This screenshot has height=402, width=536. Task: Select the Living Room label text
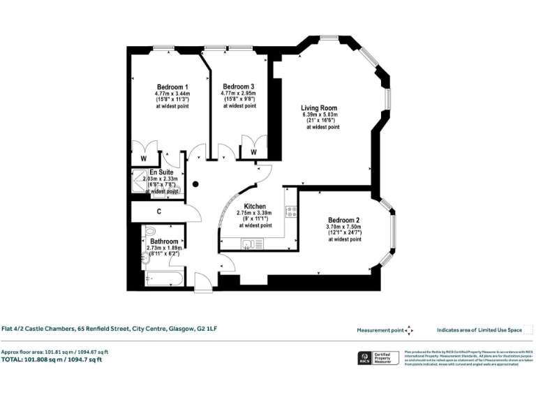pos(319,108)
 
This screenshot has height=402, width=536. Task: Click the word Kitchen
pos(254,207)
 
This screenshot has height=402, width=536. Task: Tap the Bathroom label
pos(164,241)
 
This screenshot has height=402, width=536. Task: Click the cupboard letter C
pos(159,211)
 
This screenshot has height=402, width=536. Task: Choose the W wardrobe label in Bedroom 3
pos(253,152)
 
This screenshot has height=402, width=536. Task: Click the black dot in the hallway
pos(196,184)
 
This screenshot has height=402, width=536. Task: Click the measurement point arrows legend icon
pos(409,330)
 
